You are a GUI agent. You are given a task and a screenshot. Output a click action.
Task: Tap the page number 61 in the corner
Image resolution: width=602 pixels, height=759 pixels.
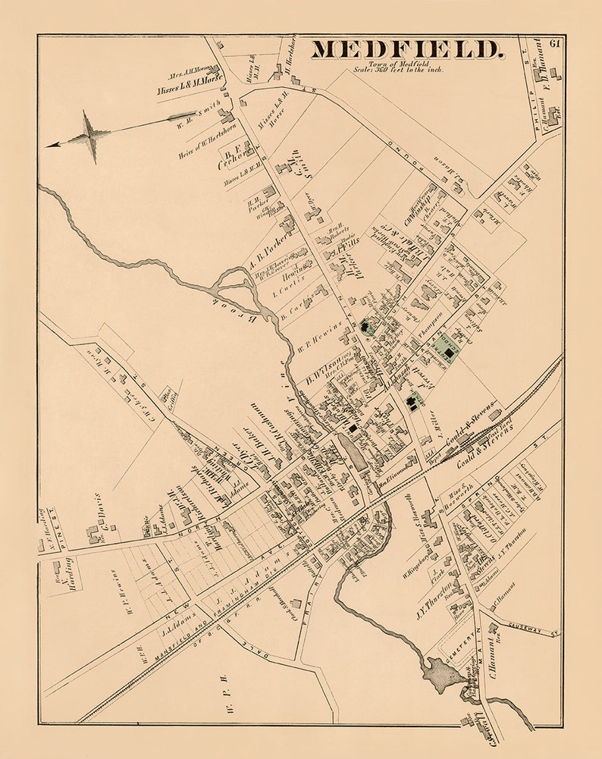tap(555, 43)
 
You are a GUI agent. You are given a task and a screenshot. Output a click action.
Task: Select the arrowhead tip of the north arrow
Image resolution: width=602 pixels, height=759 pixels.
tap(49, 145)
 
